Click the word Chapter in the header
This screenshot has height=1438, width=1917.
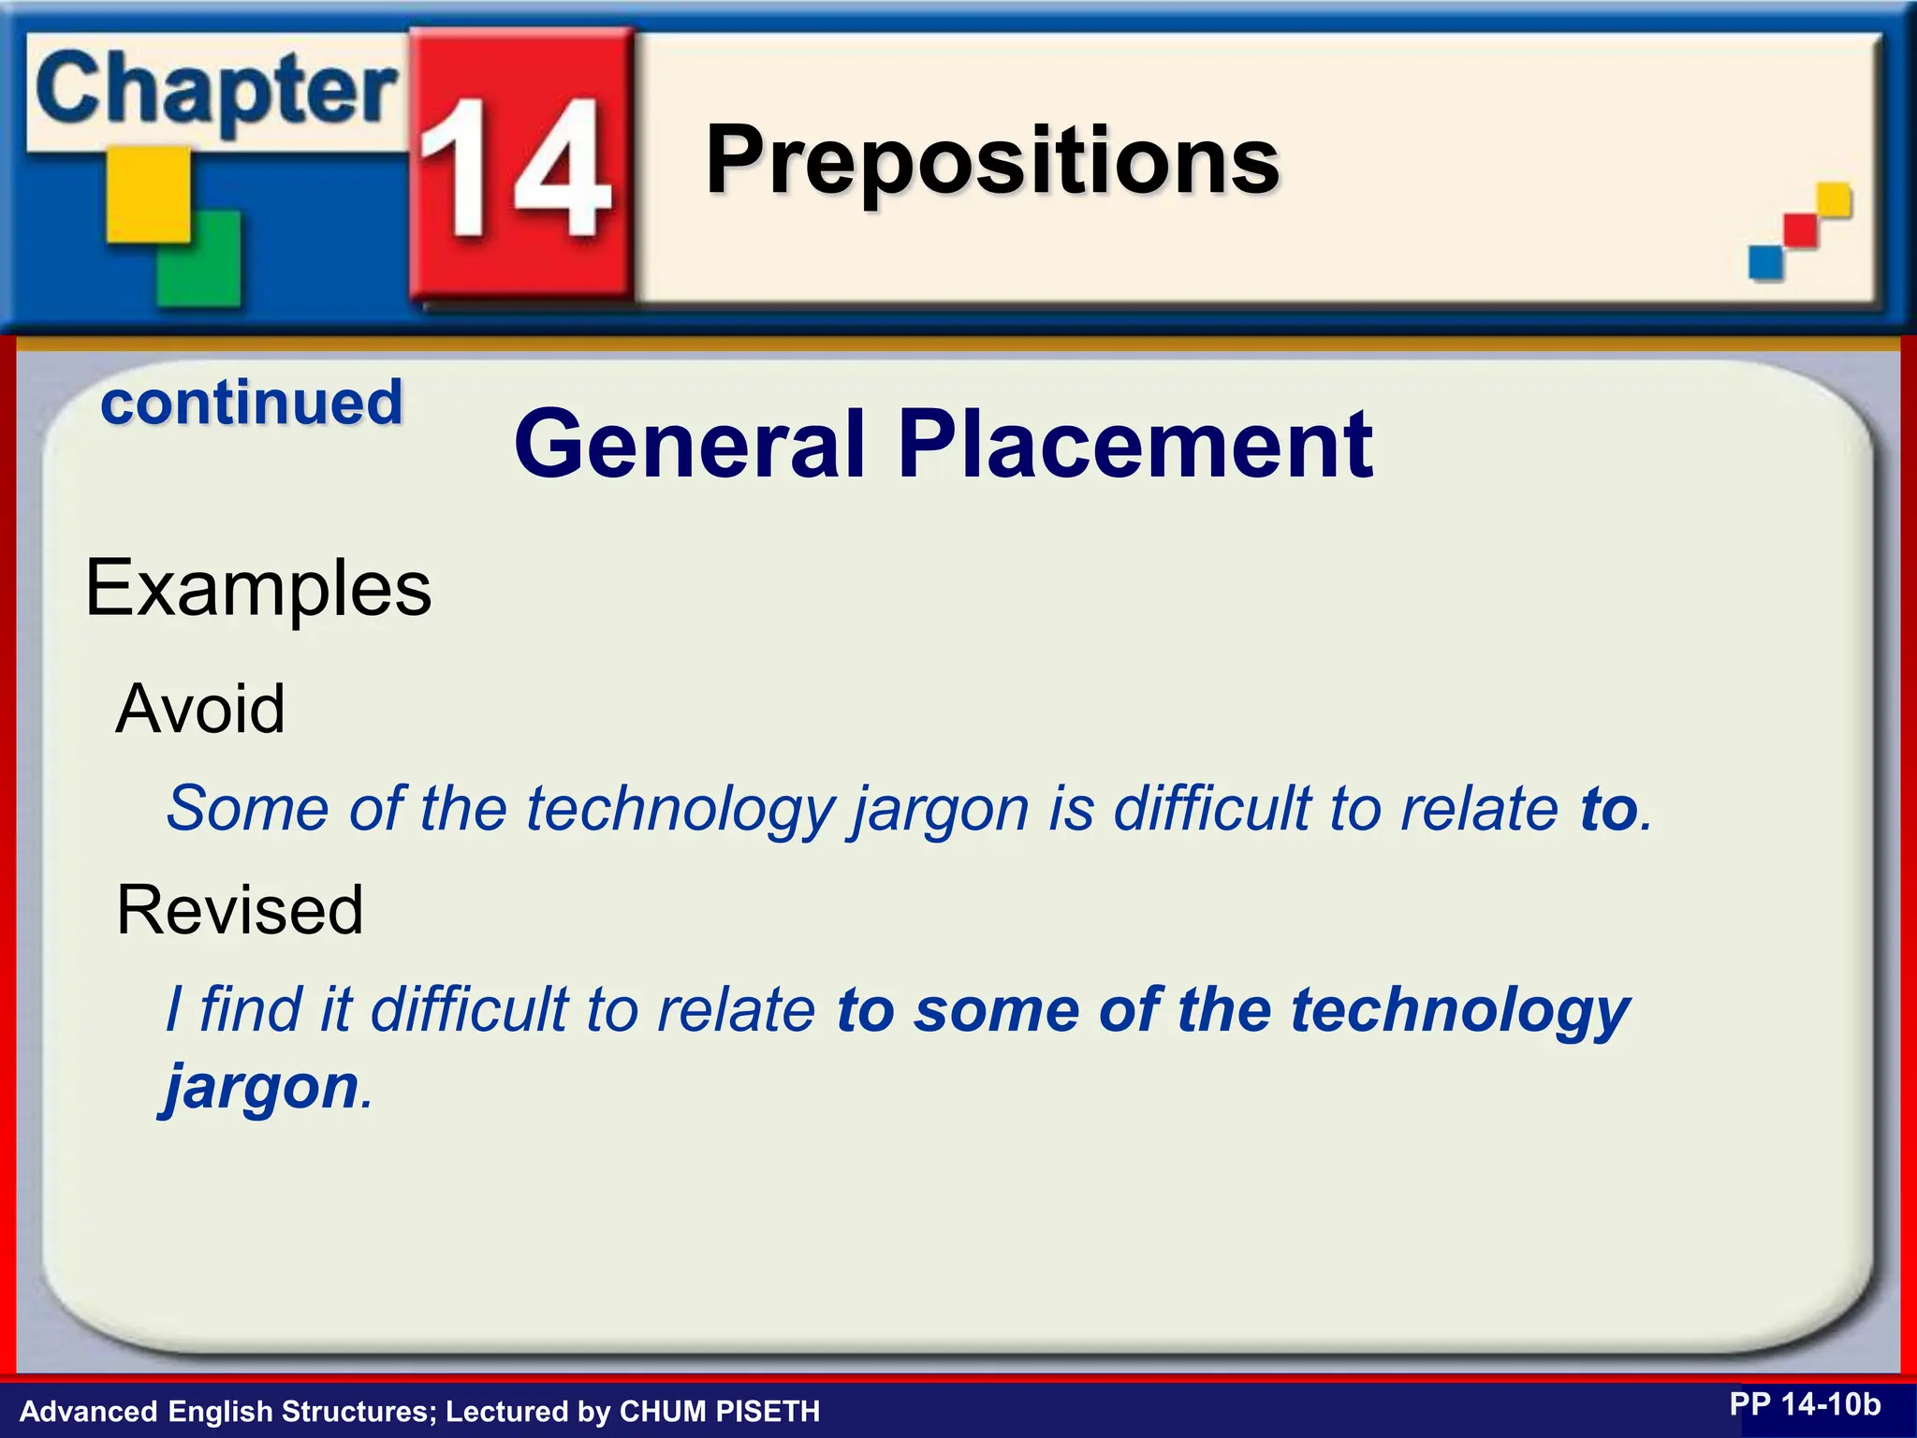point(215,91)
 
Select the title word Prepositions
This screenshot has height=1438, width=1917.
point(991,160)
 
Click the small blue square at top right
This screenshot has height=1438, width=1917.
point(1765,262)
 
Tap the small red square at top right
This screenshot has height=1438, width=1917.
point(1800,230)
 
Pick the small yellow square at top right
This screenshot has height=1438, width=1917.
point(1834,199)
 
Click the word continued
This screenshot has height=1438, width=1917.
point(252,403)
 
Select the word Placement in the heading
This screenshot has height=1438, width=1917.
point(1134,445)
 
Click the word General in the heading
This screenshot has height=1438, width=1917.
point(689,445)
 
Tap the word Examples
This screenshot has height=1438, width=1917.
point(258,588)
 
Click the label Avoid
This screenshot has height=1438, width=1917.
point(199,709)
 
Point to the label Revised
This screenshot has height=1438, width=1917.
point(240,910)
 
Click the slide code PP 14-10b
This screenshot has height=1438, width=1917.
point(1804,1404)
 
